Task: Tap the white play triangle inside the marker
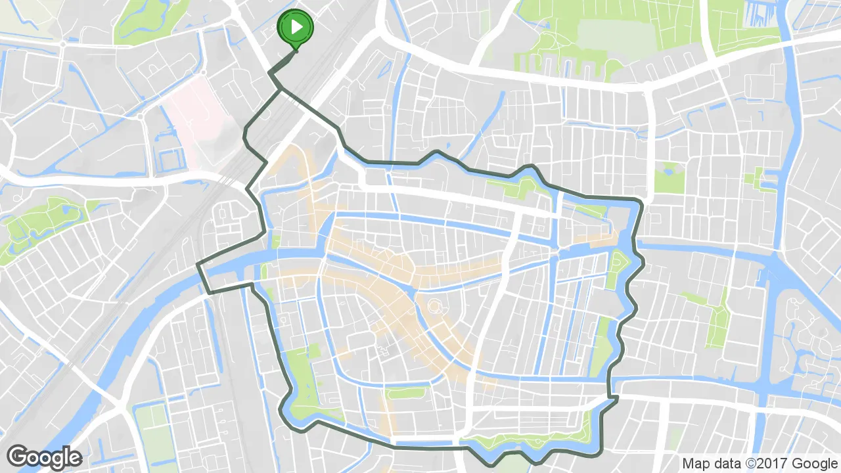[297, 27]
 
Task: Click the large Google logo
[44, 457]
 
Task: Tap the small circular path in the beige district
[435, 305]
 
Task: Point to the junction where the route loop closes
[282, 89]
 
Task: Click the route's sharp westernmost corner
[198, 265]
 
